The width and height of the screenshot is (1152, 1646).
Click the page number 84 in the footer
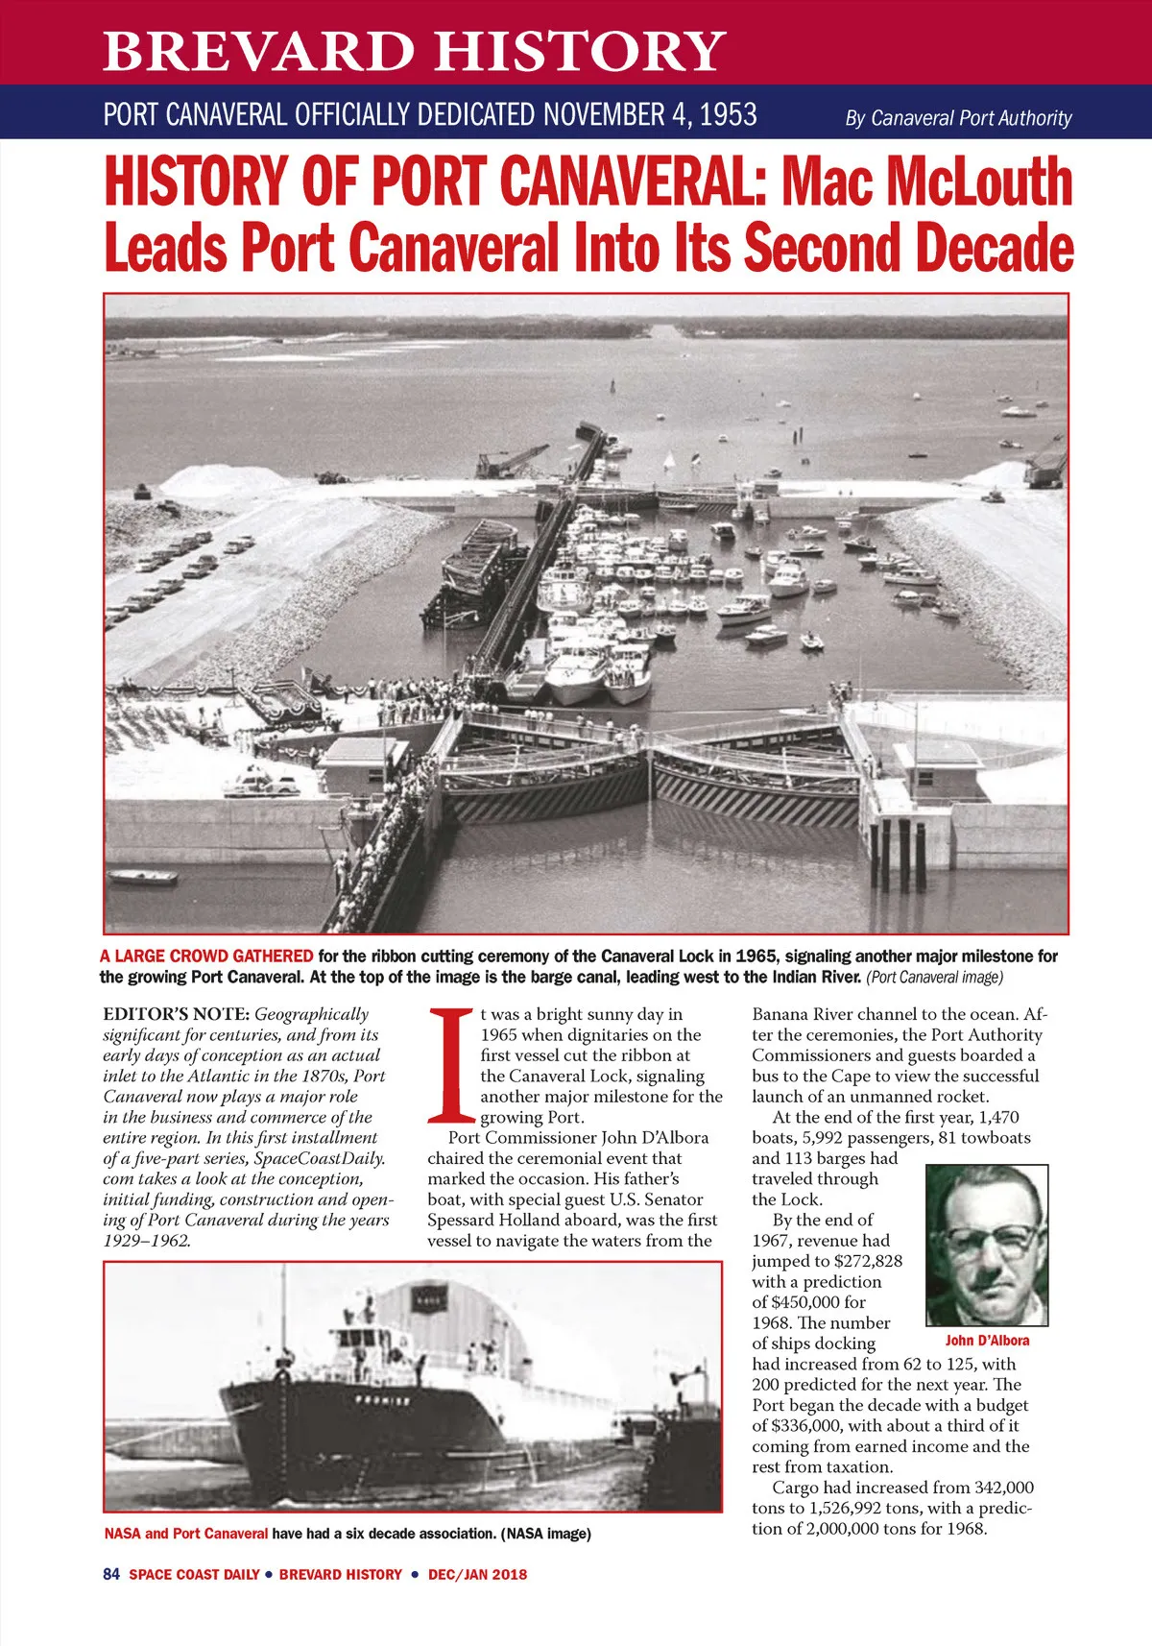(110, 1574)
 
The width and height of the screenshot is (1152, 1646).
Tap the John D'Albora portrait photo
(987, 1245)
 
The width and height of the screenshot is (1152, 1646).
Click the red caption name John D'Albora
(987, 1341)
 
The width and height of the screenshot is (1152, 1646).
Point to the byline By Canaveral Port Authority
(958, 118)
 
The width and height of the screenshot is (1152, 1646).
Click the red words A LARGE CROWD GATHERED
(206, 956)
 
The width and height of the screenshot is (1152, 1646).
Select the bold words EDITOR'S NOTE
(177, 1014)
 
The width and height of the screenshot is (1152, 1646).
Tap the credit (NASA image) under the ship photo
(545, 1534)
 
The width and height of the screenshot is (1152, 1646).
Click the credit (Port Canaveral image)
(934, 978)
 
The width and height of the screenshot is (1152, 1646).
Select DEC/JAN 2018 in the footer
(477, 1574)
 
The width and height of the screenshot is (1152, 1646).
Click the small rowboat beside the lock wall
(142, 876)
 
